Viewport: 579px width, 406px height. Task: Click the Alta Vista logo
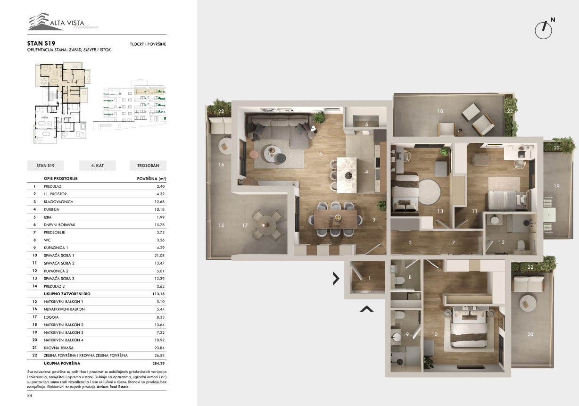point(63,22)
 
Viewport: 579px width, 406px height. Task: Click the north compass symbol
point(544,29)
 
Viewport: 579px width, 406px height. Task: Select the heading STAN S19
point(41,43)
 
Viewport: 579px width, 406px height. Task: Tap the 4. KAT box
point(98,166)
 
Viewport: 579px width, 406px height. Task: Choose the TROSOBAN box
point(148,166)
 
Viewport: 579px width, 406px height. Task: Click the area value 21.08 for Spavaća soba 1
point(159,255)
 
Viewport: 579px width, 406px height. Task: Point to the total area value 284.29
point(158,364)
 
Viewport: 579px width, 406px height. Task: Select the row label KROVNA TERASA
point(58,348)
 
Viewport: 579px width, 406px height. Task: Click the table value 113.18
point(159,294)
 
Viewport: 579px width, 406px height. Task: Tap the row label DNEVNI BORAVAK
point(59,225)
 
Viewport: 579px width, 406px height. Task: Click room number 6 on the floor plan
point(321,154)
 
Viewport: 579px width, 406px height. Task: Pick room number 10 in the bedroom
point(435,334)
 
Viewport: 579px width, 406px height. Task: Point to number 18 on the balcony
point(440,111)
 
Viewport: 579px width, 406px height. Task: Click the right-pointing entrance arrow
point(336,278)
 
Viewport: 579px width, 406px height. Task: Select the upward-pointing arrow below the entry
point(367,309)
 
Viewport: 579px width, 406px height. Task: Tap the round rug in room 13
point(430,192)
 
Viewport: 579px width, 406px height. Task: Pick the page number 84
point(30,396)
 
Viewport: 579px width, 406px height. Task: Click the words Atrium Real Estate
point(113,387)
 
